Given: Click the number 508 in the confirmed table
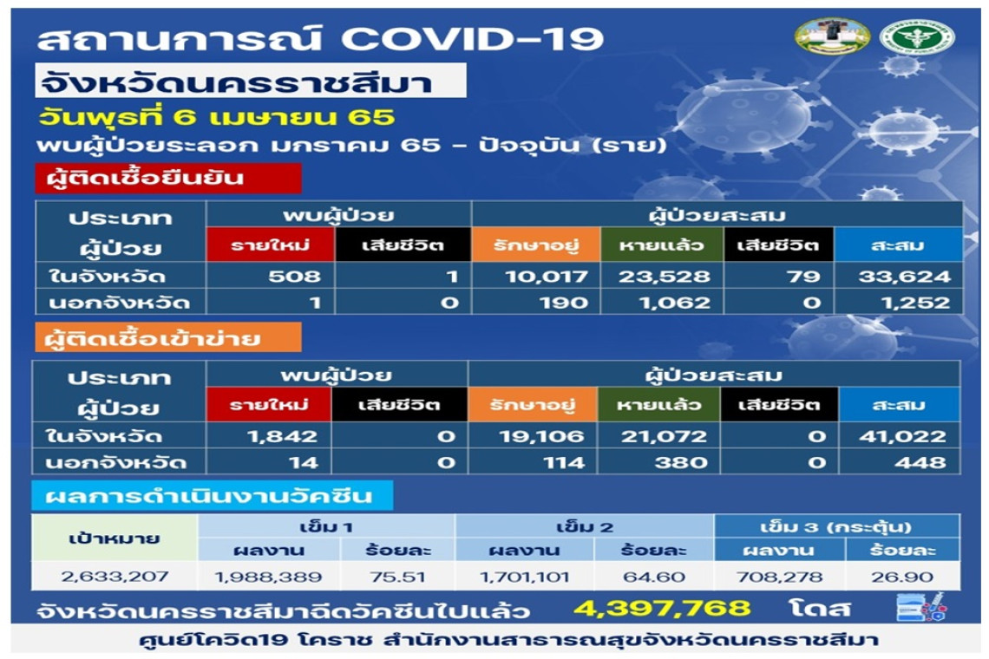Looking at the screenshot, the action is pos(295,277).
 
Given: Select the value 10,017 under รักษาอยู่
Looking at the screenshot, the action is pos(547,277).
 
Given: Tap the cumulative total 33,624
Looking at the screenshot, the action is pos(904,277).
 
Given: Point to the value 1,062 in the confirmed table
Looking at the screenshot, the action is pos(674,303).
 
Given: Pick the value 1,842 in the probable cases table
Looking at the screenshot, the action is pos(282,436).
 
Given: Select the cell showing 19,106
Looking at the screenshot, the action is pos(541,436).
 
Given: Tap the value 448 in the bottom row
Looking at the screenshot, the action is pos(920,463).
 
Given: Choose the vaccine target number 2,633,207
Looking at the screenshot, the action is pos(115,577).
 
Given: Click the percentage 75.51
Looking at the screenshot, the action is pos(398,577).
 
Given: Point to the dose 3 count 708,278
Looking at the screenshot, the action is pos(780,577).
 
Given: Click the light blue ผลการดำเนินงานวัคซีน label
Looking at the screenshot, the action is pos(213,496).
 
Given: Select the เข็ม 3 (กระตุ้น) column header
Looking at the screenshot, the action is pos(835,526).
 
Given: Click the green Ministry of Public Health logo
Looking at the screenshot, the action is pos(917,36).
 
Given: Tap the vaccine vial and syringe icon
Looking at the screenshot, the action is pos(921,607).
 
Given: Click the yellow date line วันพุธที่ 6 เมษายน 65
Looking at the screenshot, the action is pos(216,117).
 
